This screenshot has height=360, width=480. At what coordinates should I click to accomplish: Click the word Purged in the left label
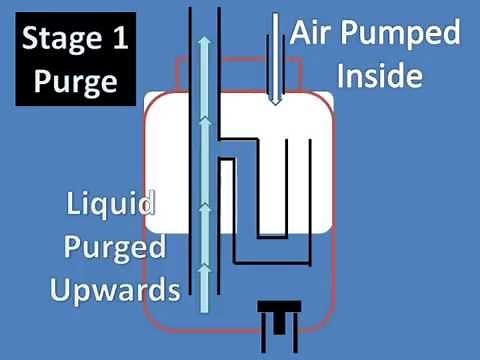[110, 250]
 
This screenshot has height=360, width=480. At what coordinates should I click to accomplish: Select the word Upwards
[111, 290]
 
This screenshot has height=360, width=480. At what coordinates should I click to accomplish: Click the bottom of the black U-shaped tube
[269, 239]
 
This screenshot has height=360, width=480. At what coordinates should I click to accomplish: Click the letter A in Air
[300, 33]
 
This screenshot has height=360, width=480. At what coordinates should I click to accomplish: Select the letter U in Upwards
[50, 290]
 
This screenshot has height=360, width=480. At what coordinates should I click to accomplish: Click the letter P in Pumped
[352, 34]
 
